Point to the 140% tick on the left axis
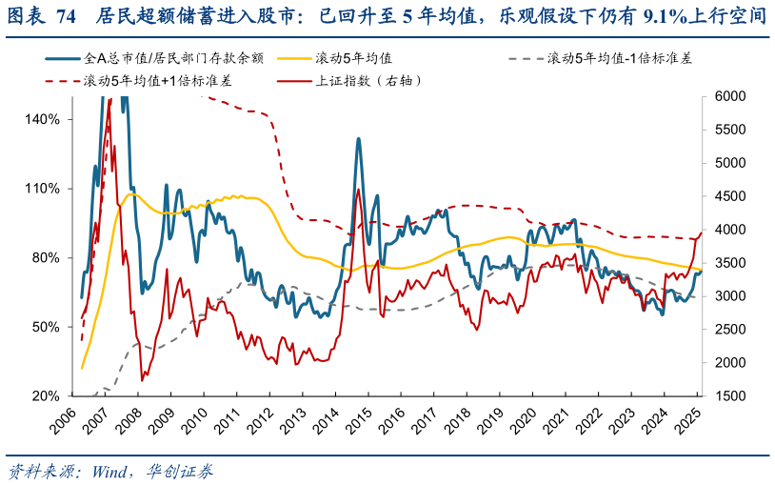(42, 120)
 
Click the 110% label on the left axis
(42, 189)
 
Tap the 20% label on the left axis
(46, 395)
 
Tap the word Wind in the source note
(112, 471)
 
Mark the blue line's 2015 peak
(358, 139)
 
